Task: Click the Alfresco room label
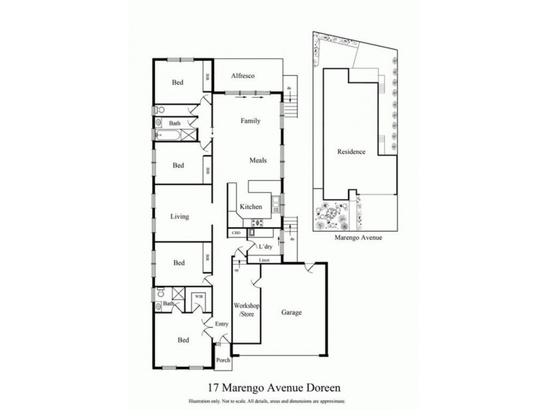pyautogui.click(x=243, y=76)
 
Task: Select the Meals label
pyautogui.click(x=257, y=161)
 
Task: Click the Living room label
pyautogui.click(x=179, y=217)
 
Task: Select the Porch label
pyautogui.click(x=223, y=360)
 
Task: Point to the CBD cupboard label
pyautogui.click(x=237, y=233)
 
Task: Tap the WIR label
pyautogui.click(x=198, y=297)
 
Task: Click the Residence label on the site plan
pyautogui.click(x=351, y=152)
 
